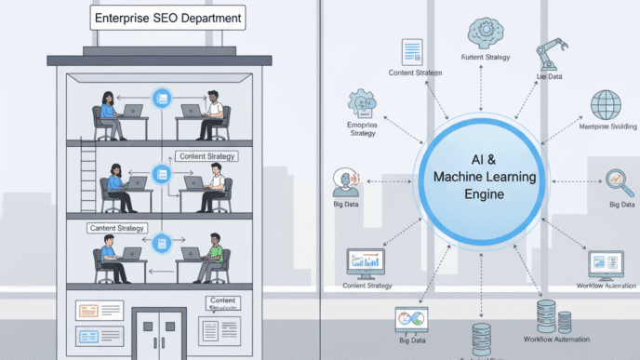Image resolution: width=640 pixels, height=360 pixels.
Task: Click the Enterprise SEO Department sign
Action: (x=166, y=18)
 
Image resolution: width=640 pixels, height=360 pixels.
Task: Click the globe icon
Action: (x=607, y=103)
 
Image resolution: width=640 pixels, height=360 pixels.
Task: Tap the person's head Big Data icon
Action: (x=345, y=179)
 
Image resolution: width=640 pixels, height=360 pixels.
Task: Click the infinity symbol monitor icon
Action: (x=409, y=321)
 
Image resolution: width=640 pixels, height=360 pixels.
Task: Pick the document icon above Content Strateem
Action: (x=410, y=52)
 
